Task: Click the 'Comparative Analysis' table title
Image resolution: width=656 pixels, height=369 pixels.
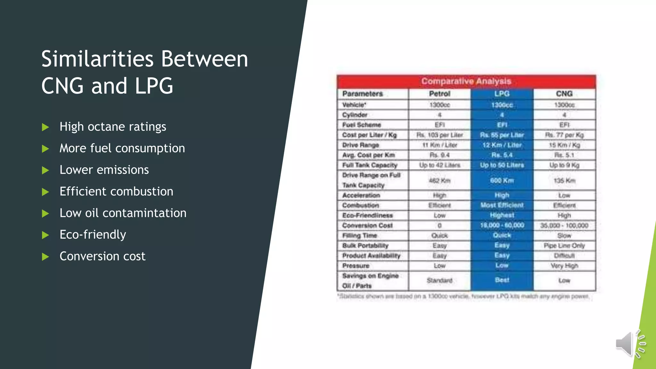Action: (466, 81)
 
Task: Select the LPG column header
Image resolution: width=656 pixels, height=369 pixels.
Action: (502, 94)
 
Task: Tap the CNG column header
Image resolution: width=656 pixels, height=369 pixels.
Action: (564, 94)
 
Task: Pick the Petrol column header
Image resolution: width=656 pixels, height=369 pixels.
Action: (439, 94)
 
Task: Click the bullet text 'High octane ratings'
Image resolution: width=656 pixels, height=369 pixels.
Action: (113, 127)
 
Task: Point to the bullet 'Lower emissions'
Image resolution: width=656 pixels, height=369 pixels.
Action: (104, 170)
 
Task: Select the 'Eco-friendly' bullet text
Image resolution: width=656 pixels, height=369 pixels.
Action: (93, 235)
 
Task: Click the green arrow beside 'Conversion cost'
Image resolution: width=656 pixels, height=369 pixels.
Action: (45, 257)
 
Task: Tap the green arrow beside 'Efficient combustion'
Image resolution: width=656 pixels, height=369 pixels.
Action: (45, 192)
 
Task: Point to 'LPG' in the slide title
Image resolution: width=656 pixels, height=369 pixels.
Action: (154, 86)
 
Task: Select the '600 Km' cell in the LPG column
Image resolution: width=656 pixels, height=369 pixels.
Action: (502, 181)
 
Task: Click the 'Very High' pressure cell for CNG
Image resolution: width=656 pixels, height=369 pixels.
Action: (564, 266)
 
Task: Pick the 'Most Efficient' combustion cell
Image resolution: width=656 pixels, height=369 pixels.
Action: (502, 205)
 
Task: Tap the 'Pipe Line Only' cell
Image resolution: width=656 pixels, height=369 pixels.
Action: (564, 246)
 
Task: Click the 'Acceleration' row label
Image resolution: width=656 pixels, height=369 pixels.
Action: (361, 195)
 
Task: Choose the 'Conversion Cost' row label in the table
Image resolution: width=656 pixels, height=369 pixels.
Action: (367, 225)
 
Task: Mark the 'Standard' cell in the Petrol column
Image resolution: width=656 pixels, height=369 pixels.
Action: (439, 281)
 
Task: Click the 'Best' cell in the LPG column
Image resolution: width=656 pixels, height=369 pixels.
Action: (502, 280)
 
